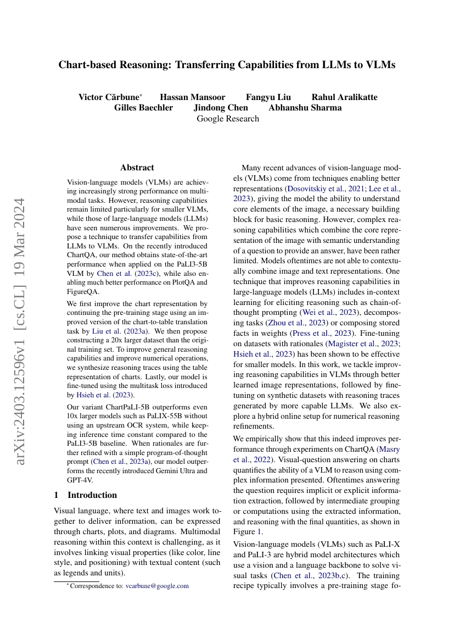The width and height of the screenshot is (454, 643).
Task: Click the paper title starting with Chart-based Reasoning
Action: click(x=227, y=65)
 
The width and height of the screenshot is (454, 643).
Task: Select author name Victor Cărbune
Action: click(x=109, y=97)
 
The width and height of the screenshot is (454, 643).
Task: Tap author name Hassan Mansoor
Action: click(x=192, y=97)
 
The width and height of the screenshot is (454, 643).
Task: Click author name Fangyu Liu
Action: click(x=268, y=97)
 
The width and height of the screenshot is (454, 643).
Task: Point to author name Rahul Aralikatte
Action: click(x=344, y=97)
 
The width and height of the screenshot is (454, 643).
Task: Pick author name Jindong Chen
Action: click(x=221, y=108)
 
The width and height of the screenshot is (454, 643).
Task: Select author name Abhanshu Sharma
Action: click(x=305, y=108)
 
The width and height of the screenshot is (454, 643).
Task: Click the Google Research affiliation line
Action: click(x=227, y=118)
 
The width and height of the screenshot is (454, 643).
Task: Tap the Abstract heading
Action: click(x=137, y=168)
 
